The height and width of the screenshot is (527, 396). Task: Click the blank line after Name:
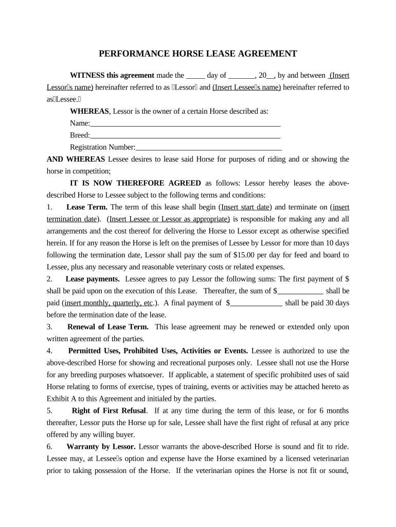pyautogui.click(x=185, y=124)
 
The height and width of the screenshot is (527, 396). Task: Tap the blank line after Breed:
pyautogui.click(x=185, y=135)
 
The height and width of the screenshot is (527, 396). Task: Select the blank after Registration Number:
pyautogui.click(x=208, y=147)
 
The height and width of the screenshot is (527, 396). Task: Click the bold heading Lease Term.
pyautogui.click(x=87, y=207)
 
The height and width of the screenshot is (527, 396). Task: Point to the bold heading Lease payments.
pyautogui.click(x=93, y=279)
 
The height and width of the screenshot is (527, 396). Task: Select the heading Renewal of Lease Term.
pyautogui.click(x=108, y=327)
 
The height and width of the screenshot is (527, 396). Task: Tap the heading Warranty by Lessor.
pyautogui.click(x=101, y=447)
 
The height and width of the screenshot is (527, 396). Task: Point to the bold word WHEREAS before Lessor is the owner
pyautogui.click(x=89, y=111)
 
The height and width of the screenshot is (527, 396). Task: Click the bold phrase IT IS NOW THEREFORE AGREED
pyautogui.click(x=135, y=183)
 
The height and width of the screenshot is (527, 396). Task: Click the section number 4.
pyautogui.click(x=49, y=351)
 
